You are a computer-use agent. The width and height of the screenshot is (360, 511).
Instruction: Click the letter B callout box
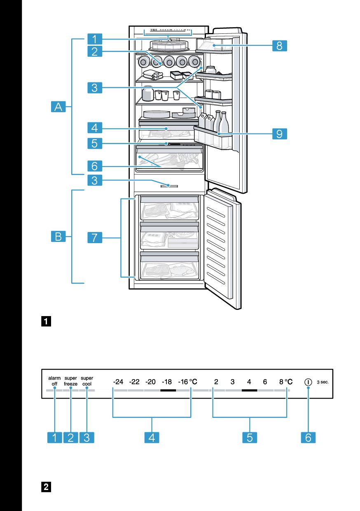[58, 237]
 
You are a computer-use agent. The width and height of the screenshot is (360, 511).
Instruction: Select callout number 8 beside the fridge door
[279, 46]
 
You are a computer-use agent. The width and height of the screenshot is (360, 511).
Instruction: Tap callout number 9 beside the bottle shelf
[279, 134]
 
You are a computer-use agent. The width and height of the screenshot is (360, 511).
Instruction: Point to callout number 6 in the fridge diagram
[95, 166]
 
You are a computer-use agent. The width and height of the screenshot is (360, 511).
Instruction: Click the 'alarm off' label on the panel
[54, 380]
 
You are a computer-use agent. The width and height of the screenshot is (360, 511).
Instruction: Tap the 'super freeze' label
[70, 380]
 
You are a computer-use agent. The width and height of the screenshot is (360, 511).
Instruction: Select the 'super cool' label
[87, 380]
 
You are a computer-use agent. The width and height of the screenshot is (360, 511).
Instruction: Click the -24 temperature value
[118, 382]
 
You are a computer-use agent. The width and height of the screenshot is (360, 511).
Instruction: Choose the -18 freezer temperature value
[167, 382]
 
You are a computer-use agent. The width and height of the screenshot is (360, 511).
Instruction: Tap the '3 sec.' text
[323, 382]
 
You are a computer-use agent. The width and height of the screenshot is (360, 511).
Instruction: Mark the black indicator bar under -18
[168, 389]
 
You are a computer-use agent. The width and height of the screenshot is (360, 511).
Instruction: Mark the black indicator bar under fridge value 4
[249, 389]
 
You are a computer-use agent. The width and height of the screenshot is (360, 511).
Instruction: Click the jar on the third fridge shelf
[147, 94]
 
